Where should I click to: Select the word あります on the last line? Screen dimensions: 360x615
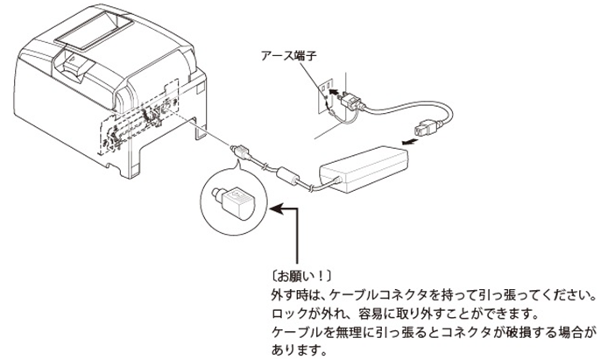tap(294, 351)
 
